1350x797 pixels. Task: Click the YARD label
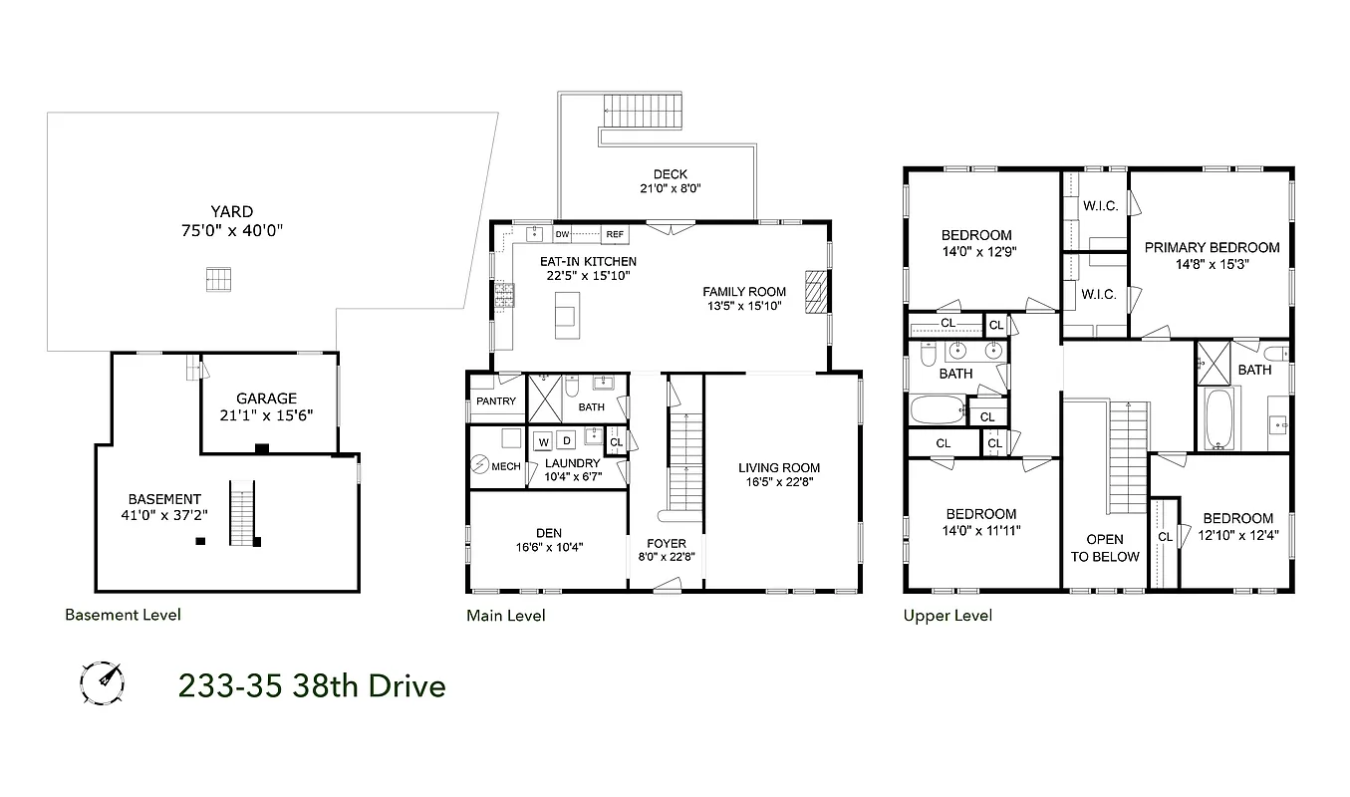(231, 211)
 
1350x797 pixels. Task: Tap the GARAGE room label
(266, 398)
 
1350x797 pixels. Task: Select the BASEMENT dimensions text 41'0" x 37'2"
(164, 516)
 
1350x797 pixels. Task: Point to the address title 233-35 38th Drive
(311, 686)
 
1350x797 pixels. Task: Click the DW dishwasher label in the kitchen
(562, 234)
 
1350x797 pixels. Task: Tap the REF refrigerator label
(615, 234)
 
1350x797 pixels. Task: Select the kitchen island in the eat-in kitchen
(565, 311)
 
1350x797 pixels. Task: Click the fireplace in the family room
(816, 293)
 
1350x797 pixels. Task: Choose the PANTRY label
(496, 401)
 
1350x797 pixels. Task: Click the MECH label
(506, 466)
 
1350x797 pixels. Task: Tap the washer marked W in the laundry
(544, 440)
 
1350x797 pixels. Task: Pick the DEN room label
(548, 533)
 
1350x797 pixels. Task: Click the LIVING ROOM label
(779, 467)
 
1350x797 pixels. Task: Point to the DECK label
(671, 174)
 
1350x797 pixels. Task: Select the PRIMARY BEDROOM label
(1212, 247)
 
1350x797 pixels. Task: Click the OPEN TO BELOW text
(1105, 548)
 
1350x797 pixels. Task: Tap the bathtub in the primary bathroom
(1217, 418)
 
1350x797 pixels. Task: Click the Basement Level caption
(123, 615)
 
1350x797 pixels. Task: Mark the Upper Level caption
(947, 615)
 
